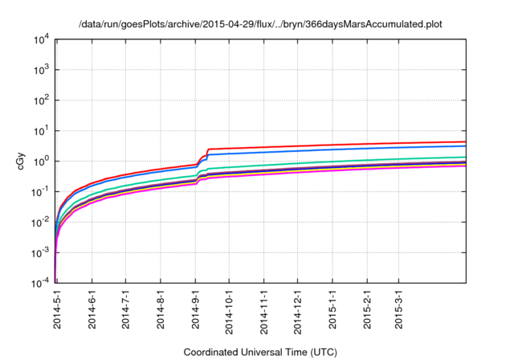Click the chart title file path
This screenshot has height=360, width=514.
(261, 25)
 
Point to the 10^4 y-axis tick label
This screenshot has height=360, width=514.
(42, 39)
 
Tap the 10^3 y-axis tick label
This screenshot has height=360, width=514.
(42, 70)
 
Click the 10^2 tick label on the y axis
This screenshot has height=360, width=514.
(42, 100)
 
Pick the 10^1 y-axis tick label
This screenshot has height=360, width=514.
(42, 131)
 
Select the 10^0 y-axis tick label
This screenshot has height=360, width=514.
(42, 162)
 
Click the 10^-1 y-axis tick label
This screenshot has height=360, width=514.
(40, 192)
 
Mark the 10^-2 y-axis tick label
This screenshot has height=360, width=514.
(40, 223)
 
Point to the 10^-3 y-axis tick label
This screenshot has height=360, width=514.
(40, 253)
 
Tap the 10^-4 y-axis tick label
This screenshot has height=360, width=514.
(40, 284)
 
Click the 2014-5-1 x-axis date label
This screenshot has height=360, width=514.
(58, 309)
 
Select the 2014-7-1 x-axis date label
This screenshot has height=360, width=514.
(126, 309)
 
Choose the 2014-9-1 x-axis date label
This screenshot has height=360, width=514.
(195, 309)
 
